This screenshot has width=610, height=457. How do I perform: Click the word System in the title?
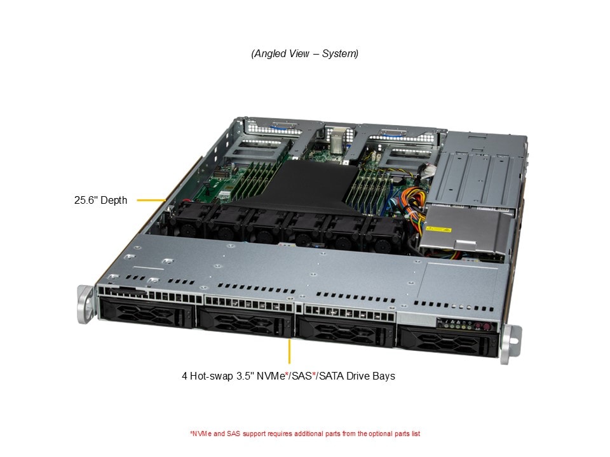340,54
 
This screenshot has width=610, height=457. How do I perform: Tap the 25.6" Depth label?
100,201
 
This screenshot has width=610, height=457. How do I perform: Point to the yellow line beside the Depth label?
152,201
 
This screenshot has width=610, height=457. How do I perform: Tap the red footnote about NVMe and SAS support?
305,434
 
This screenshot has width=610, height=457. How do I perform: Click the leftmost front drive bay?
147,314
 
